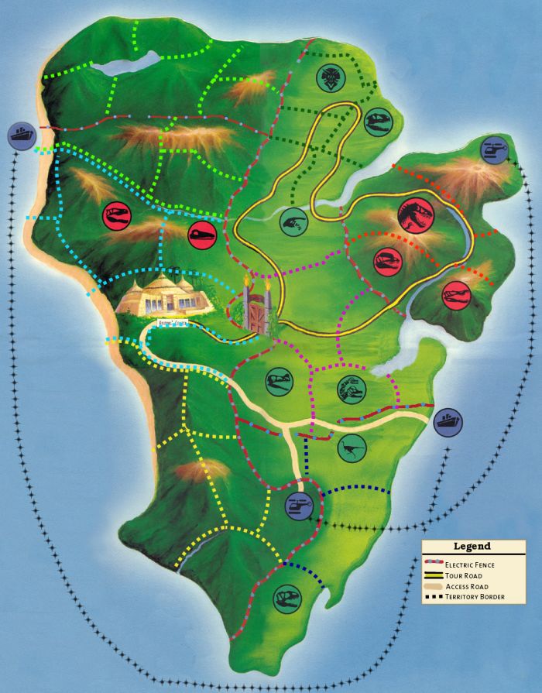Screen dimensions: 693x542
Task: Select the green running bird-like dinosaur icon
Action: coord(352,444)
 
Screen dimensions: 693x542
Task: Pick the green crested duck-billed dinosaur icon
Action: coord(351,389)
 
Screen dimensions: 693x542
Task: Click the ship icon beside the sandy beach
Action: coord(21,136)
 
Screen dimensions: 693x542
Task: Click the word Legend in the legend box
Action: coord(472,547)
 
